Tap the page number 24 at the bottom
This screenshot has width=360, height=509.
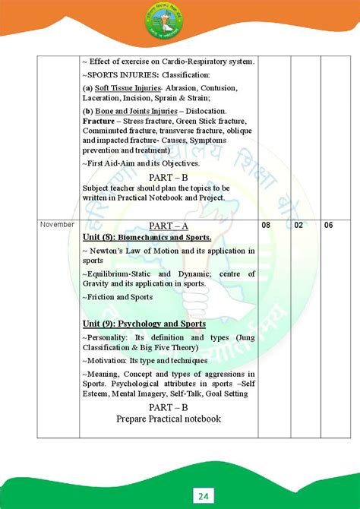(181, 496)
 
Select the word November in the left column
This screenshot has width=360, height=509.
(57, 225)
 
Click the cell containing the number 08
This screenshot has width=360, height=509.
(266, 226)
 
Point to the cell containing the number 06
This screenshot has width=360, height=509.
(328, 226)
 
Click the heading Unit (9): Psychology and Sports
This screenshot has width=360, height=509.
(144, 323)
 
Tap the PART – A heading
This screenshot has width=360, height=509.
(169, 226)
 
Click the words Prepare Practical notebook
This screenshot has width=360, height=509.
(169, 419)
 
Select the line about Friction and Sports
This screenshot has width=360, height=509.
(121, 297)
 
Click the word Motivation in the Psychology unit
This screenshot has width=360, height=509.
(111, 361)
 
